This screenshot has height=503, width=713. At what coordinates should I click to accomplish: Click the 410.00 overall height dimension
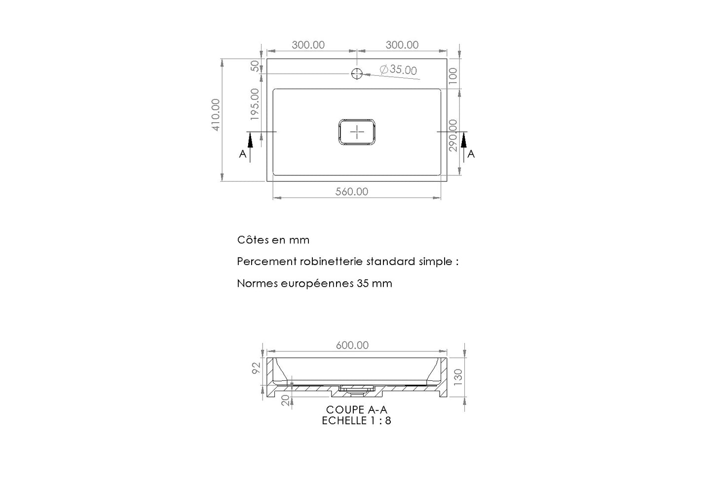[x=216, y=115]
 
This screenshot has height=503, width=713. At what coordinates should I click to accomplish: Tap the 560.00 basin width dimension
[x=352, y=192]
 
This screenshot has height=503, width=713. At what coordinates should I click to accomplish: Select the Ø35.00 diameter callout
[x=399, y=69]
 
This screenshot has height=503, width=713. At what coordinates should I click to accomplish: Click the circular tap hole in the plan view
[x=357, y=74]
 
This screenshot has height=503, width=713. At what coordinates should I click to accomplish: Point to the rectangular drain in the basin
[x=357, y=132]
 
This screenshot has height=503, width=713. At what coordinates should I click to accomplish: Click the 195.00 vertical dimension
[x=255, y=104]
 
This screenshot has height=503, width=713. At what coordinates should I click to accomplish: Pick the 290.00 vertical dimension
[x=452, y=135]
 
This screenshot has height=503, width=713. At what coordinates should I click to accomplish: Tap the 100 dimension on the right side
[x=452, y=76]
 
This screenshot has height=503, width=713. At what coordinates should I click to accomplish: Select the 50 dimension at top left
[x=255, y=66]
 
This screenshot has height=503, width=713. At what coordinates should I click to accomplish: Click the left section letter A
[x=243, y=154]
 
